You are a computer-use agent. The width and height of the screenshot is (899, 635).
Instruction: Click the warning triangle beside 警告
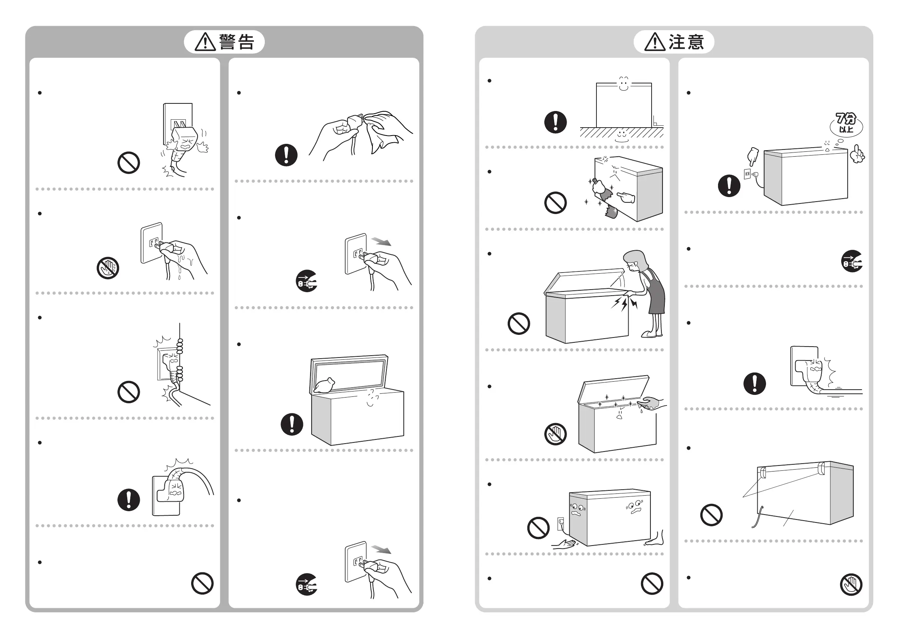tap(205, 42)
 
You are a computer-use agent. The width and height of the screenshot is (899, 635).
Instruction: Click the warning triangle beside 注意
tap(655, 42)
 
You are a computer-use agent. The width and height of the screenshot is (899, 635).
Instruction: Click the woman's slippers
tap(651, 334)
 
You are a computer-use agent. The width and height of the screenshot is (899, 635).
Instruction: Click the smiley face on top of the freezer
tap(623, 83)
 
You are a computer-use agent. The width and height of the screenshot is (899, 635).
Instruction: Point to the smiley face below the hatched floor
tap(622, 136)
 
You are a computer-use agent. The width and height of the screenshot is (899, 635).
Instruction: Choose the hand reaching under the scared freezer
tap(564, 544)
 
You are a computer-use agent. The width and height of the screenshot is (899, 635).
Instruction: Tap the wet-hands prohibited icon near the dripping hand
tap(108, 268)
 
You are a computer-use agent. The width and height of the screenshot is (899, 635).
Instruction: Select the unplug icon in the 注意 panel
tap(852, 261)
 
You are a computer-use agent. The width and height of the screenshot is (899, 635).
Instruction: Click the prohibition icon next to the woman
tap(518, 324)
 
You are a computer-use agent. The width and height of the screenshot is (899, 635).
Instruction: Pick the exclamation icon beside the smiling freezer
tap(555, 122)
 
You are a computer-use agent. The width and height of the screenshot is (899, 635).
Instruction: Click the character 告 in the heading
tap(246, 42)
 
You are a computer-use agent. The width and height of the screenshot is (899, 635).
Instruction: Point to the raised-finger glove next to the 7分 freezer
tap(857, 155)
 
